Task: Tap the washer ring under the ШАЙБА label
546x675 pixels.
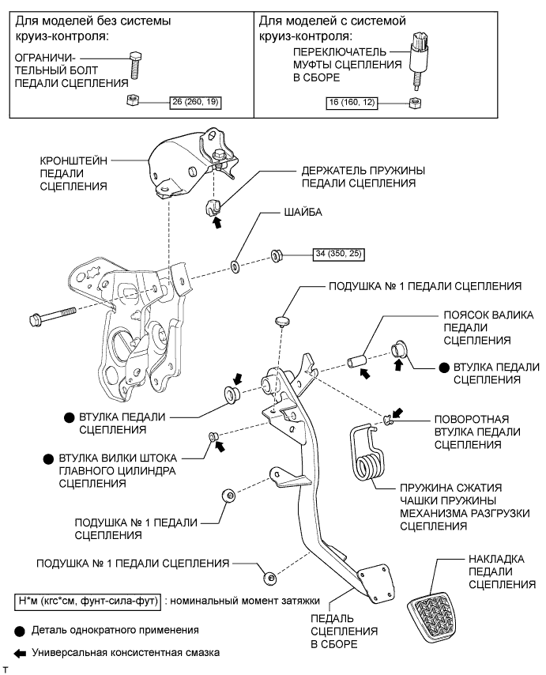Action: click(x=236, y=262)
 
